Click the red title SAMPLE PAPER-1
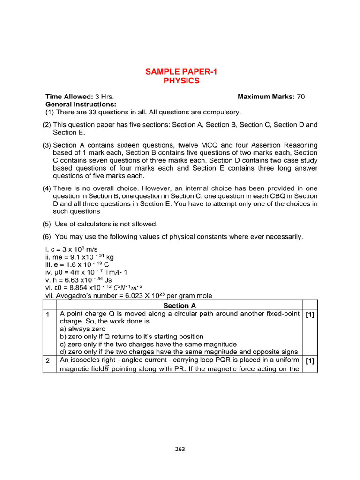tap(181, 72)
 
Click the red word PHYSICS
tap(181, 81)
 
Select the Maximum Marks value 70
tap(300, 97)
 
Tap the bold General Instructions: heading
tap(81, 104)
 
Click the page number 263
tap(180, 449)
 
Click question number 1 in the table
tap(48, 314)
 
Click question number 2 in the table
tap(48, 360)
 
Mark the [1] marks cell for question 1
tap(309, 315)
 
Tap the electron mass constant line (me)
tap(80, 256)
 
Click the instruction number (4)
tap(46, 188)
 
